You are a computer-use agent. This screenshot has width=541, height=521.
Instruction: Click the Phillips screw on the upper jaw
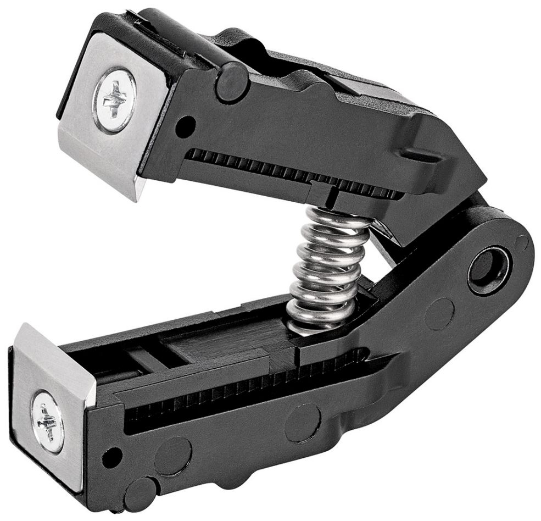point(114,99)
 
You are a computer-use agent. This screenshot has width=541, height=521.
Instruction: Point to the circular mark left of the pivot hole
point(439,314)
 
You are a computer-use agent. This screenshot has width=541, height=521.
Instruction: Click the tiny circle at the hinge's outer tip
point(522,242)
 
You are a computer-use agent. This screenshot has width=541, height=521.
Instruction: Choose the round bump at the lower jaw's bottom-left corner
point(141,486)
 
